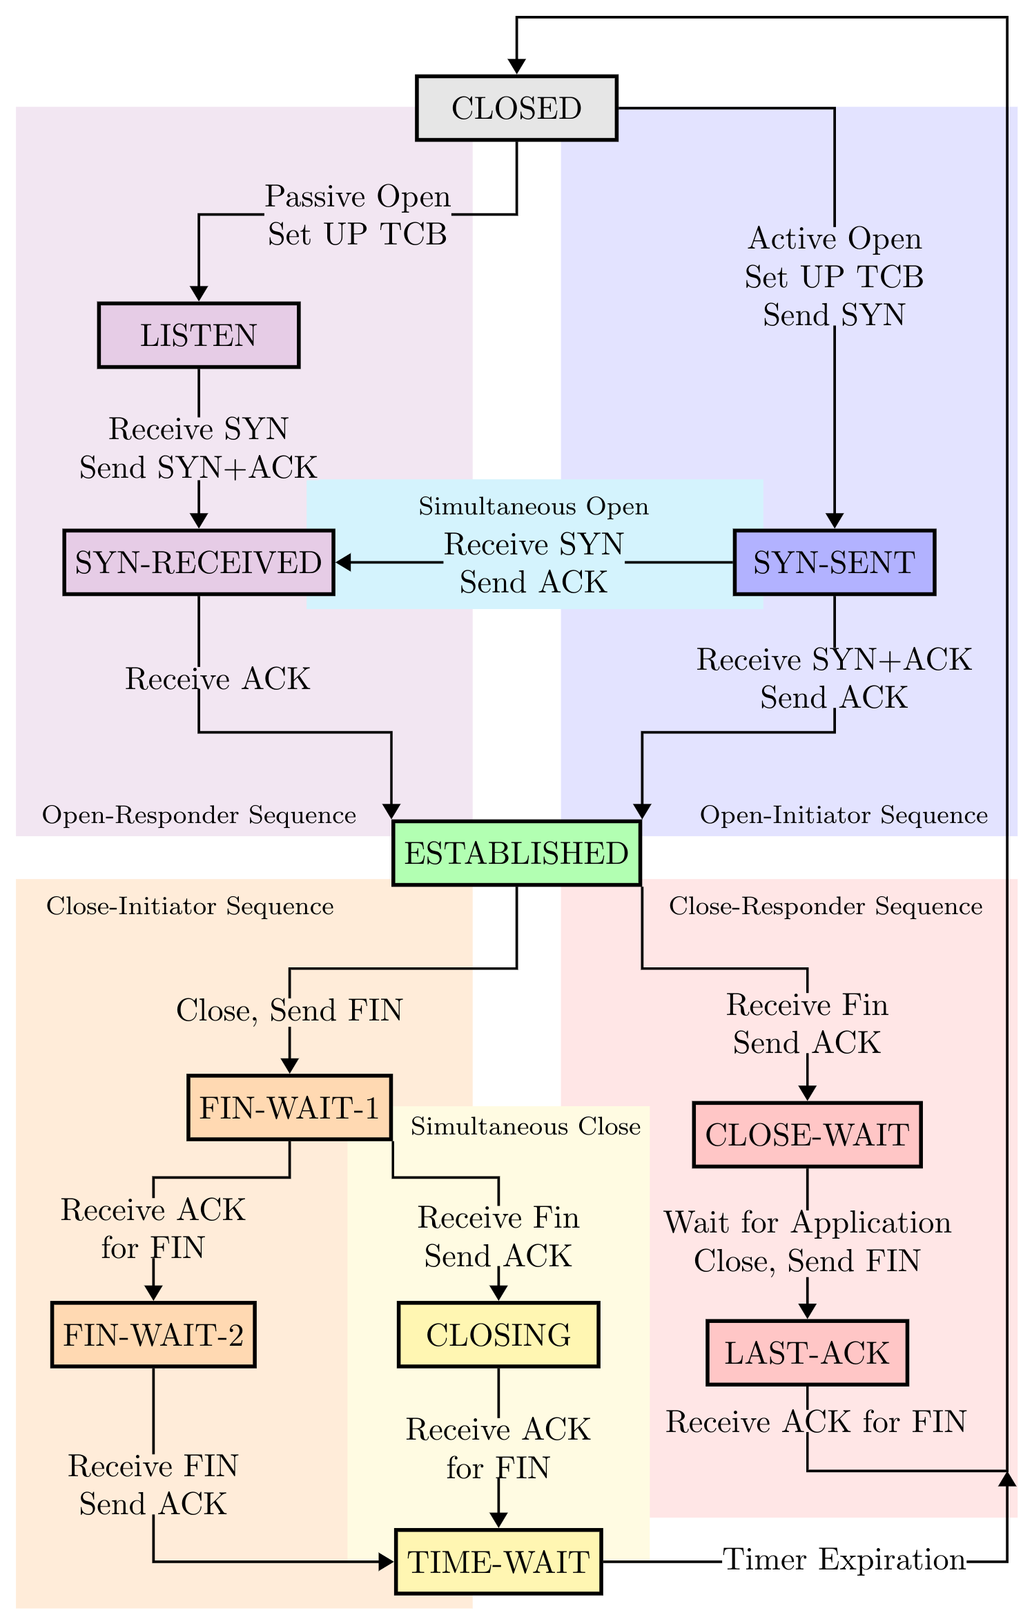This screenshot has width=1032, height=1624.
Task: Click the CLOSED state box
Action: tap(516, 108)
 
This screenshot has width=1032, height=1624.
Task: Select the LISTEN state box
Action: tap(199, 336)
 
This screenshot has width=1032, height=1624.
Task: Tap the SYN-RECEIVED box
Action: tap(199, 563)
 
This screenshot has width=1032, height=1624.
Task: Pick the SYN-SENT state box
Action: tap(834, 563)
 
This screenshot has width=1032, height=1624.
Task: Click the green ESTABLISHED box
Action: tap(516, 853)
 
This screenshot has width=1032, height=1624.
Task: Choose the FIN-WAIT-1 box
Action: tap(290, 1108)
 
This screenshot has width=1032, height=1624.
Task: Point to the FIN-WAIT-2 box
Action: tap(153, 1335)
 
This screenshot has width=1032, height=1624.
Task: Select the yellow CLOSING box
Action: tap(498, 1335)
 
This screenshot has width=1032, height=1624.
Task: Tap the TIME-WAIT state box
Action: tap(498, 1562)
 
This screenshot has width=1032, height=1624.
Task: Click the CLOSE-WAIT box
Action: tap(807, 1135)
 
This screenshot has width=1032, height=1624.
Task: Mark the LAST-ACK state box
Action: tap(807, 1353)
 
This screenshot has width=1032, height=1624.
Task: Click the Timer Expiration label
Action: tap(844, 1560)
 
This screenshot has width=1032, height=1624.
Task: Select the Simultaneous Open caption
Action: tap(534, 507)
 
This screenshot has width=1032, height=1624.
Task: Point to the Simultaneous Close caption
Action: tap(525, 1127)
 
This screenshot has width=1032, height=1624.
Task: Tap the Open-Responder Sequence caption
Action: tap(199, 815)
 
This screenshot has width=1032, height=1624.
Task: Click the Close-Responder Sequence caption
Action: tap(826, 907)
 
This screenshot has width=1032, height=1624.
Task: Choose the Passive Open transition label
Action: tap(358, 197)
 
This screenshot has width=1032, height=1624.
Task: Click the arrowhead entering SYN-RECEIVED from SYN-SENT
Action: tap(343, 563)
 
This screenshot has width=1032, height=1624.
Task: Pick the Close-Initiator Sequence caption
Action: tap(190, 907)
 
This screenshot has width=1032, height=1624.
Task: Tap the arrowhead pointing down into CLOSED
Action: tap(516, 66)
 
